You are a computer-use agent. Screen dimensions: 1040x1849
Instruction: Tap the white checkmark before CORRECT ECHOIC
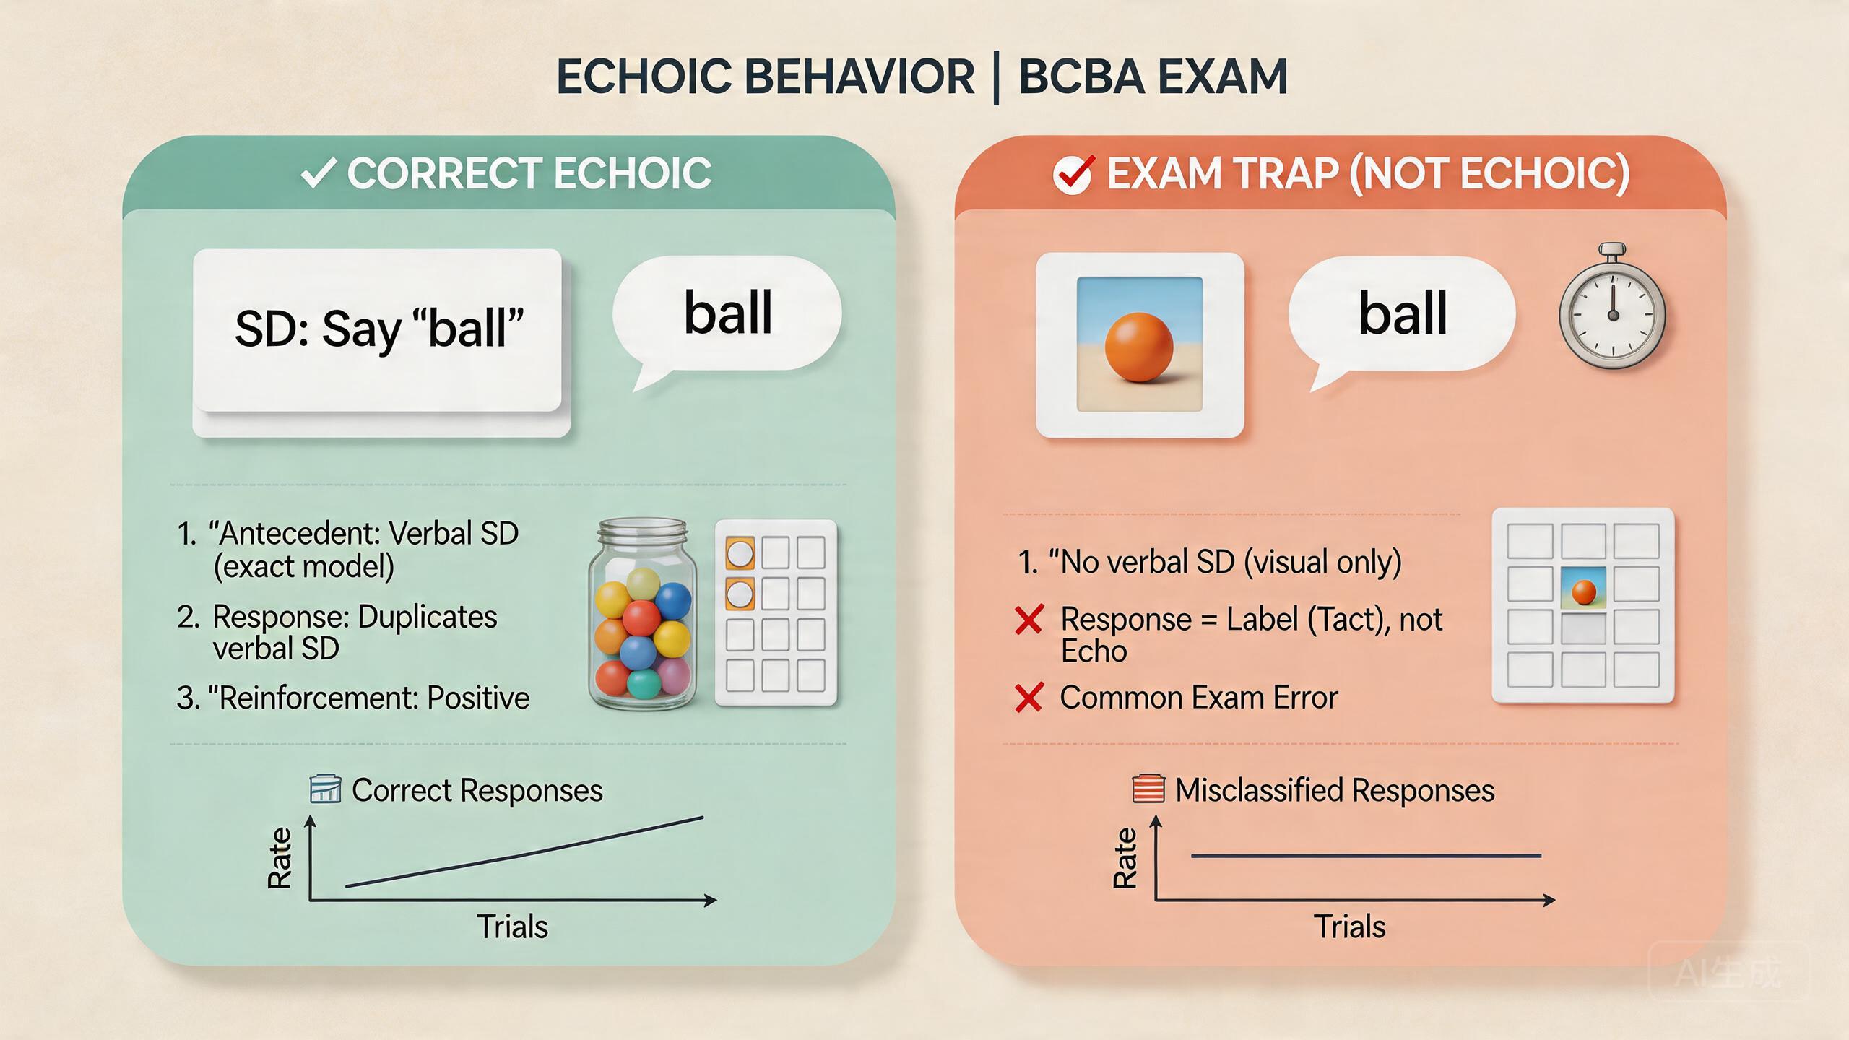coord(317,174)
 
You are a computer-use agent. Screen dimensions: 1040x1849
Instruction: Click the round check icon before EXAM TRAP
coord(1072,175)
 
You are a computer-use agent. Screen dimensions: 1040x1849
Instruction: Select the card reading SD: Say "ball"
coord(378,331)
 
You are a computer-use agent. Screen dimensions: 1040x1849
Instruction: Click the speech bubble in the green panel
coord(727,313)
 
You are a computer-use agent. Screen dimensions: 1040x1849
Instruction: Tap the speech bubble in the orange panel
coord(1402,313)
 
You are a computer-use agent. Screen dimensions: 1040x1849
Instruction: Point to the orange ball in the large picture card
coord(1139,347)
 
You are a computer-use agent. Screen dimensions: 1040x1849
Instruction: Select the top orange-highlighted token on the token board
coord(740,554)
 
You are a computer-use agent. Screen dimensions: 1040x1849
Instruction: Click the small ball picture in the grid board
coord(1583,588)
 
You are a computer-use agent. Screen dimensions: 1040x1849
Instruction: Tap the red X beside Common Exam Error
coord(1029,698)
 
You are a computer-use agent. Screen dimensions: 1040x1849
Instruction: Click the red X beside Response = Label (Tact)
coord(1029,620)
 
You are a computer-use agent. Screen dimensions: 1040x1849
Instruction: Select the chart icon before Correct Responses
coord(325,789)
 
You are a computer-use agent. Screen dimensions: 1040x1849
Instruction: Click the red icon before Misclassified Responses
coord(1148,789)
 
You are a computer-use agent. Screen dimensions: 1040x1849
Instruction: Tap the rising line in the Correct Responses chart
coord(524,852)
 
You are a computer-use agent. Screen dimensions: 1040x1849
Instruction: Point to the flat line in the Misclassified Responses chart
coord(1365,856)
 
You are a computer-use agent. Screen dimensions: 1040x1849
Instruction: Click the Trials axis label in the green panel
coord(512,927)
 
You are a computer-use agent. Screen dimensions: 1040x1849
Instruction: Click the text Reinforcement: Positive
coord(373,698)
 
